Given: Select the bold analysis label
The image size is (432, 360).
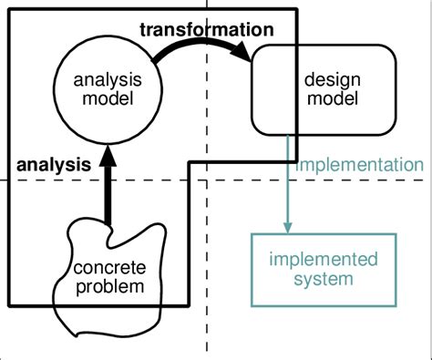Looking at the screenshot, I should [x=54, y=165].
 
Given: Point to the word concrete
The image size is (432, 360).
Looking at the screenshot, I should [x=108, y=270].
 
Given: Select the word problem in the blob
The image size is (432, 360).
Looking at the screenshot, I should [x=108, y=288].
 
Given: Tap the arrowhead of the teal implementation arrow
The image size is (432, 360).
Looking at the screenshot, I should [x=289, y=225].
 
